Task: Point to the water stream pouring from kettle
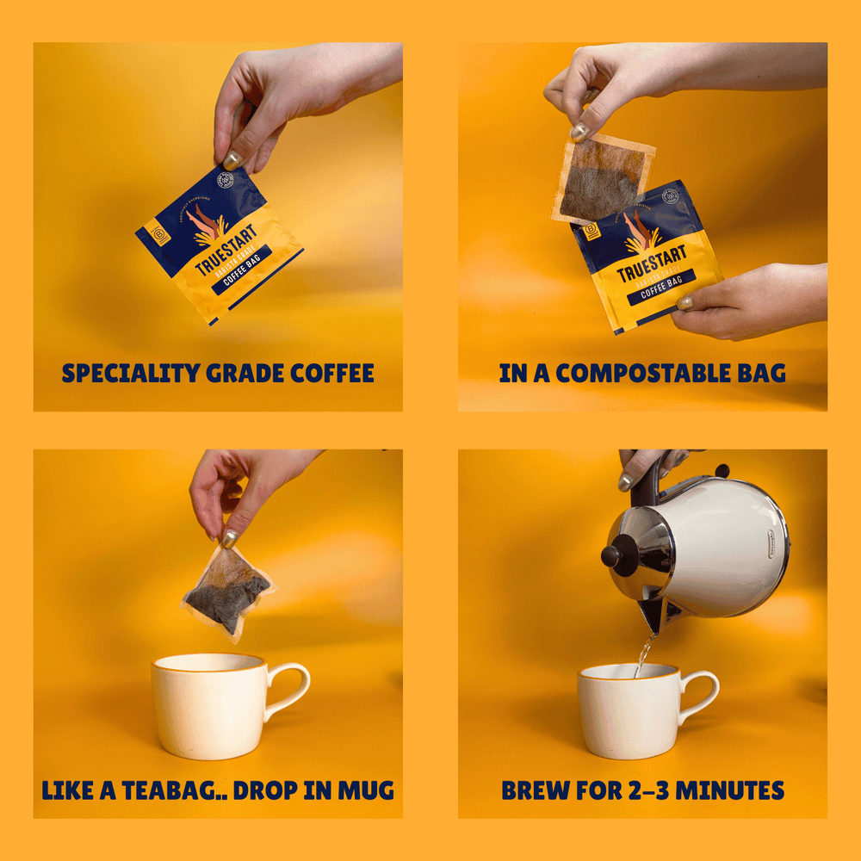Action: tap(642, 654)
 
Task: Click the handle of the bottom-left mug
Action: tap(288, 689)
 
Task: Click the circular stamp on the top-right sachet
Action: tap(671, 197)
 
